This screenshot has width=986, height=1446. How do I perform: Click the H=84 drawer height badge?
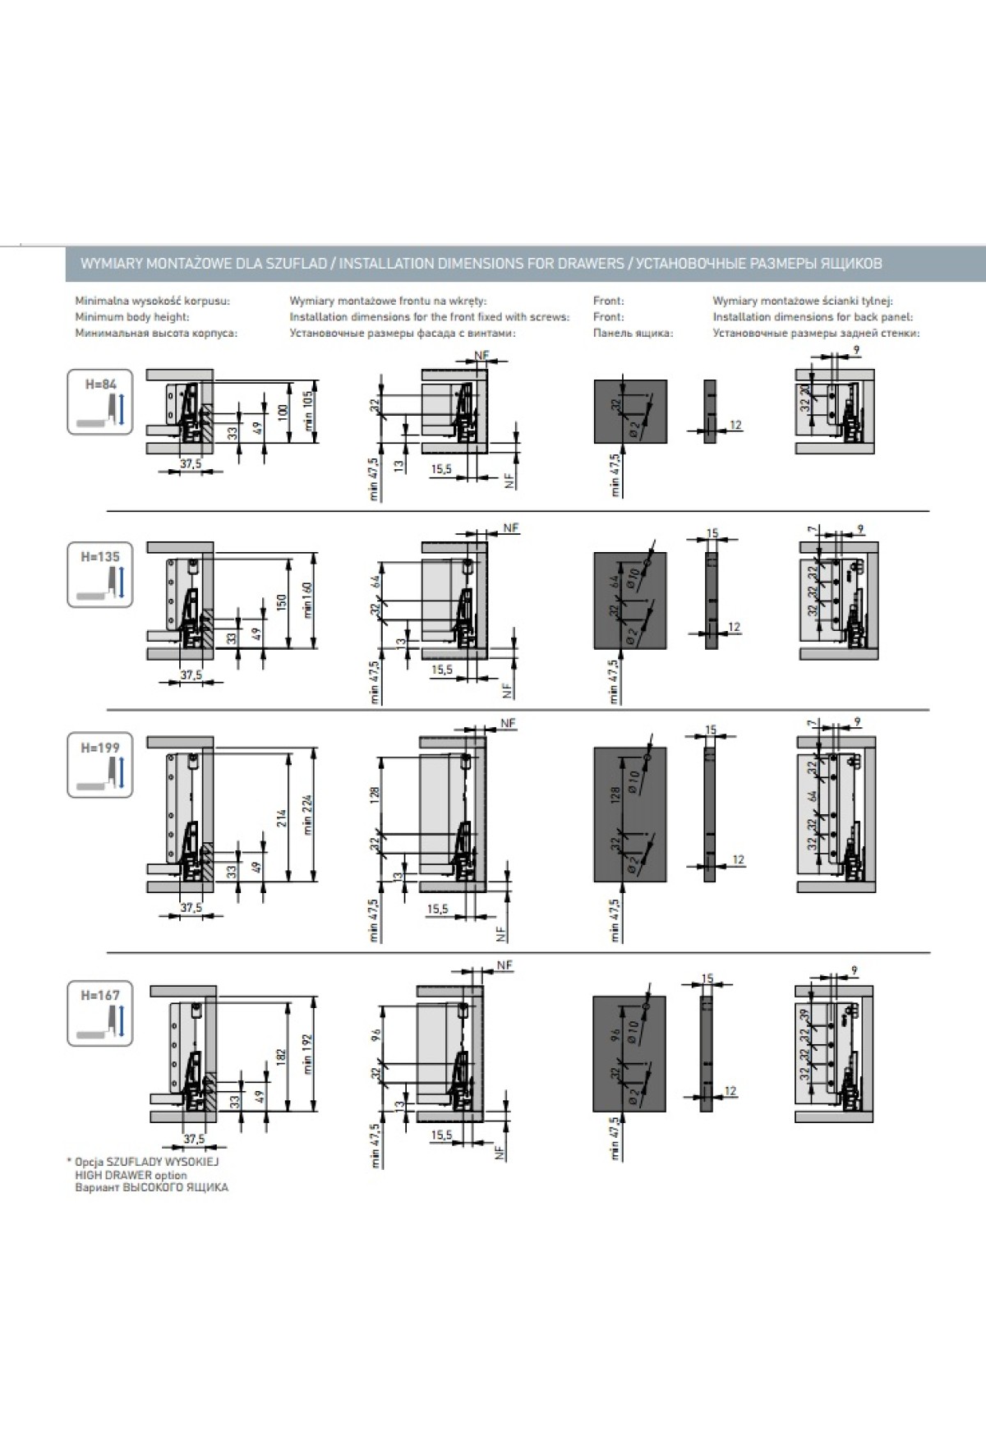click(100, 403)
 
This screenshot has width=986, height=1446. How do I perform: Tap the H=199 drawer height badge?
click(100, 766)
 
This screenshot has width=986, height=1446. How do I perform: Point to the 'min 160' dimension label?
click(308, 599)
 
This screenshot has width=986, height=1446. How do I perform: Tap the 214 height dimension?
click(281, 817)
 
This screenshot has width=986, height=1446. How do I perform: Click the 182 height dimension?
click(281, 1056)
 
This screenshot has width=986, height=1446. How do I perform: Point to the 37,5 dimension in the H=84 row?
click(191, 463)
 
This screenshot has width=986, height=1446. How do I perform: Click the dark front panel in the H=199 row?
click(629, 813)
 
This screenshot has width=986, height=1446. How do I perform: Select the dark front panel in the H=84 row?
click(630, 411)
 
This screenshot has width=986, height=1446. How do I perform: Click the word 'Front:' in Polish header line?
click(608, 302)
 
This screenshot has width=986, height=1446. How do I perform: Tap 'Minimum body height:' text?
click(132, 317)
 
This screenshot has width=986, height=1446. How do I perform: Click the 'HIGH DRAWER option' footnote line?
click(131, 1175)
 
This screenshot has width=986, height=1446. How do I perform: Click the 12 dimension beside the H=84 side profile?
click(735, 425)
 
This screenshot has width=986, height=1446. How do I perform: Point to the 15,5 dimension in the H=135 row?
click(441, 670)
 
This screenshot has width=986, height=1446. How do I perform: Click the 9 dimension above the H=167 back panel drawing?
click(855, 971)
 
